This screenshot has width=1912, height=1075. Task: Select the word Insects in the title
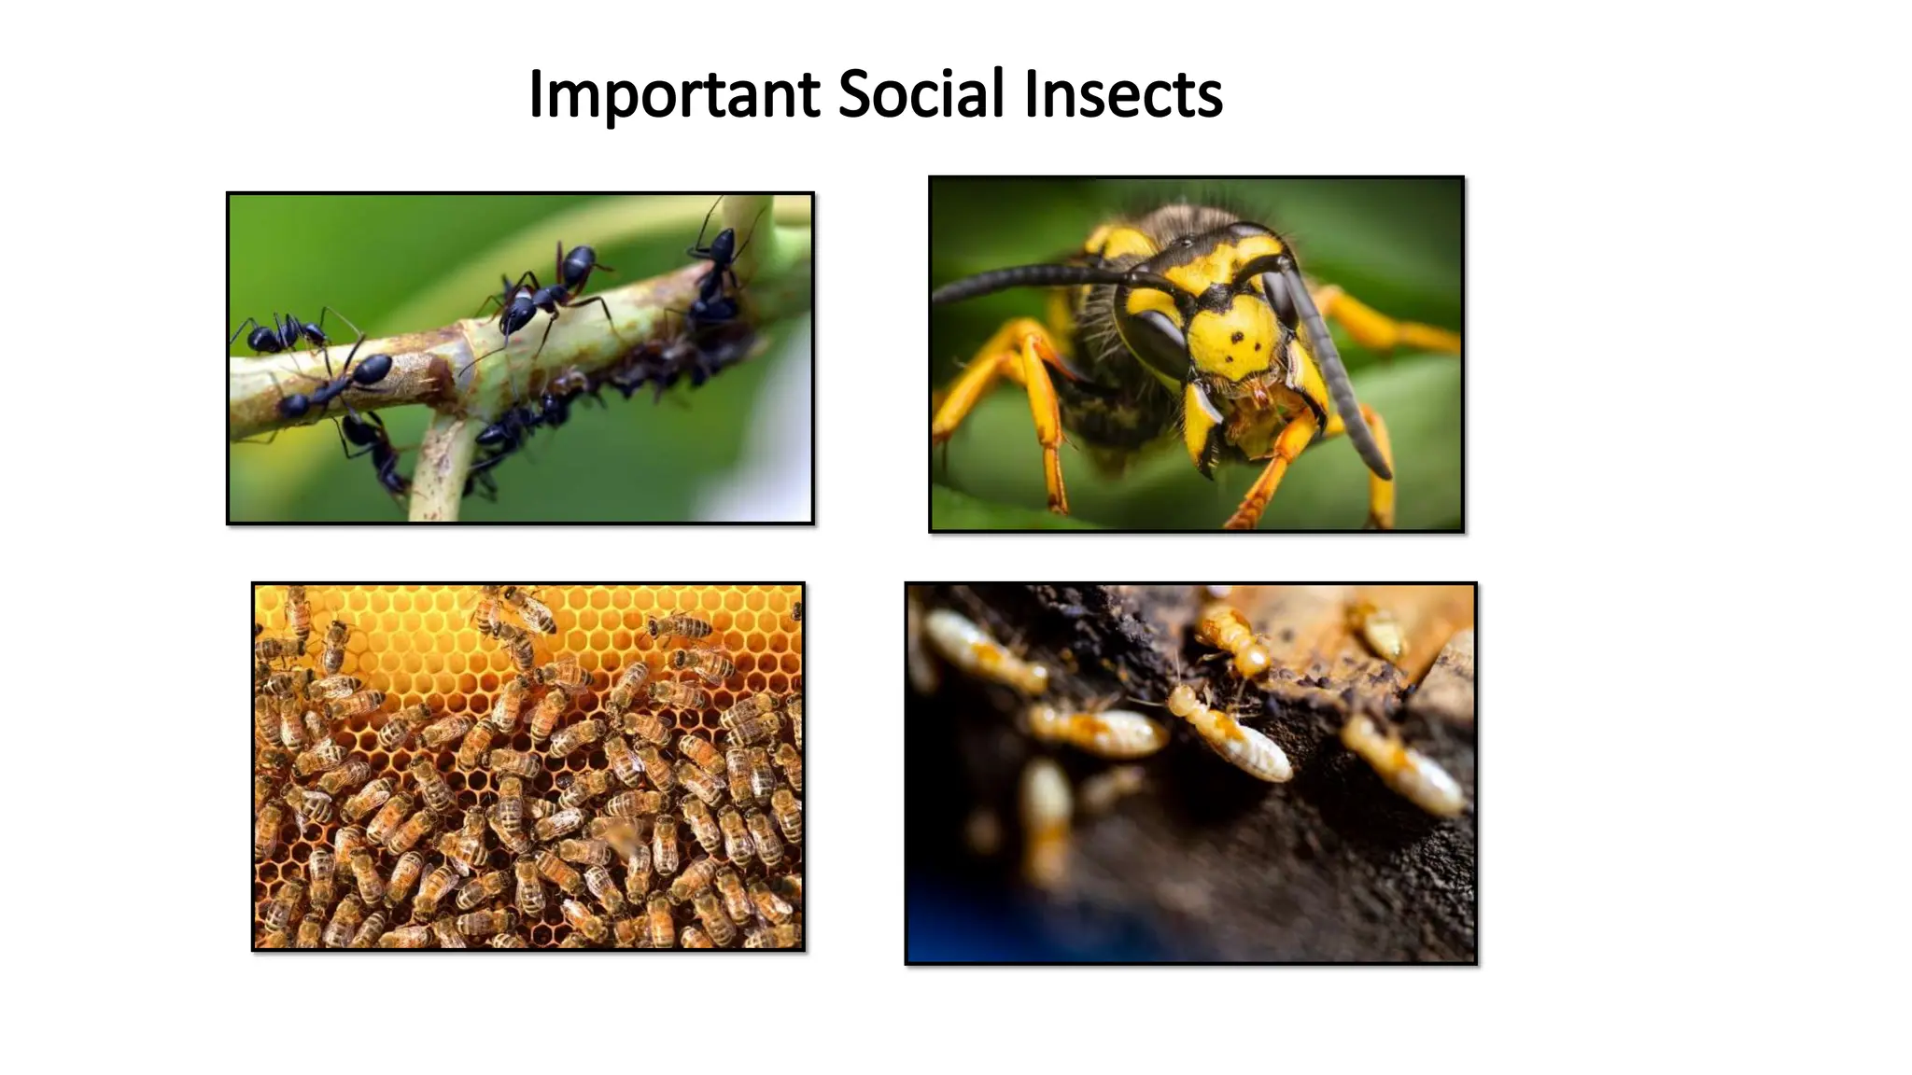[x=1123, y=95]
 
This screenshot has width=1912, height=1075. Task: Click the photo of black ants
[x=520, y=358]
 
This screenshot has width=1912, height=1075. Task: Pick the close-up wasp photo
[x=1196, y=355]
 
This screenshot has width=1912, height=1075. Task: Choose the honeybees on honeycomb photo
[x=528, y=767]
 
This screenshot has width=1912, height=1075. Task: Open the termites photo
[x=1190, y=773]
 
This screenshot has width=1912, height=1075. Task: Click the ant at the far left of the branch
[x=280, y=333]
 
